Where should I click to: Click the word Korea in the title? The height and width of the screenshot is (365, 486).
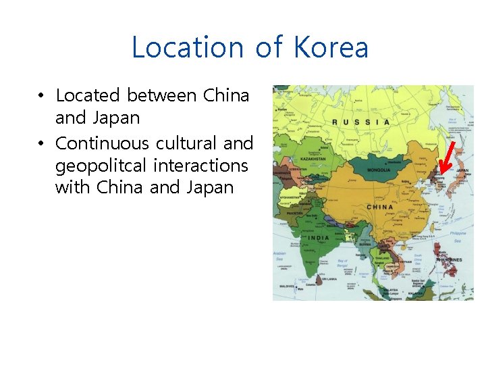[331, 48]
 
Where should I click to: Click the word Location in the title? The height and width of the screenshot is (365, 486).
[176, 48]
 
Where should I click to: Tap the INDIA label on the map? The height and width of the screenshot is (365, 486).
[319, 238]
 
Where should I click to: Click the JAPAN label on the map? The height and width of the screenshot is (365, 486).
[462, 172]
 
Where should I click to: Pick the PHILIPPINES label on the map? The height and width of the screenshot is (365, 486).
[449, 260]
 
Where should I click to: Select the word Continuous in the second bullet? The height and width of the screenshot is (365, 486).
[102, 143]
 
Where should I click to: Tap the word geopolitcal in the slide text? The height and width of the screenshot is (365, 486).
[101, 166]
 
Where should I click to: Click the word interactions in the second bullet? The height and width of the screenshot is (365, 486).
[200, 165]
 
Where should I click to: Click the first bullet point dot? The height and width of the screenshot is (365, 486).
[42, 96]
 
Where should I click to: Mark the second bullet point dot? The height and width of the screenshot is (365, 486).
[42, 144]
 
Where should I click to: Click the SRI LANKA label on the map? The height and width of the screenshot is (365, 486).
[330, 278]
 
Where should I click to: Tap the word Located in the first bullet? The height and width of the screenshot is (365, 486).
[87, 95]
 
